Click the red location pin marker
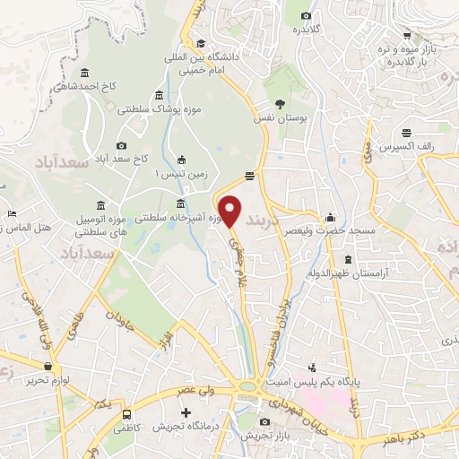[x=230, y=212]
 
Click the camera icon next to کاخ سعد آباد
[x=122, y=146]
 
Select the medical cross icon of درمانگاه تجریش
[x=186, y=413]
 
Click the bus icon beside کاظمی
[x=128, y=415]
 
